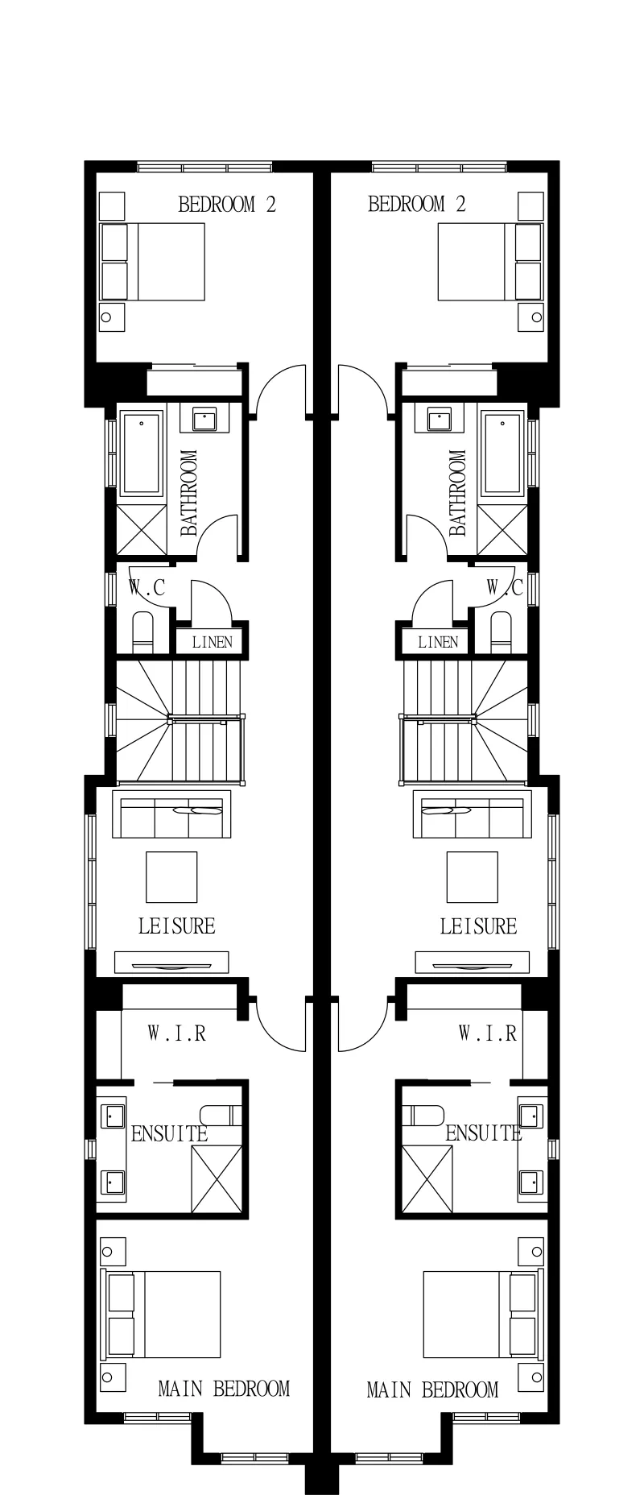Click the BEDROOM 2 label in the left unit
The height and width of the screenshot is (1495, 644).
point(227,204)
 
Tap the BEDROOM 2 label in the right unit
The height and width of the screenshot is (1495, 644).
point(417,204)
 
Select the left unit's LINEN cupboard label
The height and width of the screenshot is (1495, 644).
point(213,642)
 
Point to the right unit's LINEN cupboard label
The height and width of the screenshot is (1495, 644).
point(438,642)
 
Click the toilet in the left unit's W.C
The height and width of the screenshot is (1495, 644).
point(142,632)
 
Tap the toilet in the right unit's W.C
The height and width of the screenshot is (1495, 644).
point(501,632)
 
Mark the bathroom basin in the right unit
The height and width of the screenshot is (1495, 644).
point(440,420)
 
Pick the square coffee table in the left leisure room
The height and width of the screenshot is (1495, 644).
point(171,876)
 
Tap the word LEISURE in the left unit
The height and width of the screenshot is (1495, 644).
point(177,926)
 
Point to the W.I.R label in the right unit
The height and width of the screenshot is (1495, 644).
point(488,1033)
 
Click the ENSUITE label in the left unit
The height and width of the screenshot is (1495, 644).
point(169,1133)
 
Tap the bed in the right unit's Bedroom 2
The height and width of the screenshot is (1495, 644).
point(489,262)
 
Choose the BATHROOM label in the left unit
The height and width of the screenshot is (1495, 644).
point(188,493)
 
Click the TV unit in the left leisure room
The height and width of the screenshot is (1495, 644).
point(171,963)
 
